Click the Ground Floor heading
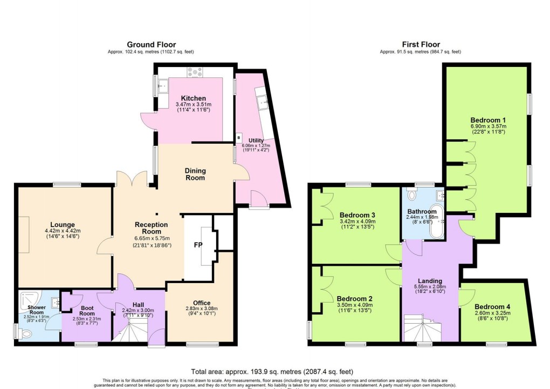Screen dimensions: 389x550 coord(151,44)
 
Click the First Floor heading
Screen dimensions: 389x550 coord(421,44)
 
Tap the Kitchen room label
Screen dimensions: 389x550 coord(193,98)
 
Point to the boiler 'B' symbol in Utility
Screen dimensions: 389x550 coord(238,137)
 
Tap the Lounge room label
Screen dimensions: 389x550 coord(63,225)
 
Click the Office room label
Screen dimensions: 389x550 coord(201,303)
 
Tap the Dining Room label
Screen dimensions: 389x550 coord(196,174)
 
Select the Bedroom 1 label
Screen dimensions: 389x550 coord(487,119)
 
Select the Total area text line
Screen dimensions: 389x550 coord(272,371)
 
